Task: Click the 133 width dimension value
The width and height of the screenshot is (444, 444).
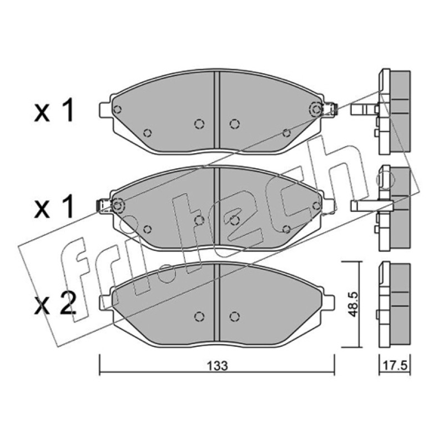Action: (x=217, y=366)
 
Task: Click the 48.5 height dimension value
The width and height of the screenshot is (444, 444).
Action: (x=353, y=304)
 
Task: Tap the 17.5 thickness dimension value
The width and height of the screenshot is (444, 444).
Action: (x=395, y=366)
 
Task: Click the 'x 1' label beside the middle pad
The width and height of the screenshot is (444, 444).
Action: (x=54, y=206)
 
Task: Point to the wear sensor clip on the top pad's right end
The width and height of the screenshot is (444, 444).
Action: (x=329, y=109)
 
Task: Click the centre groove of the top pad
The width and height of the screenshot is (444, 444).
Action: (x=217, y=110)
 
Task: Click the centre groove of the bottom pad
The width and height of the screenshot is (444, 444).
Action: (x=217, y=302)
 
